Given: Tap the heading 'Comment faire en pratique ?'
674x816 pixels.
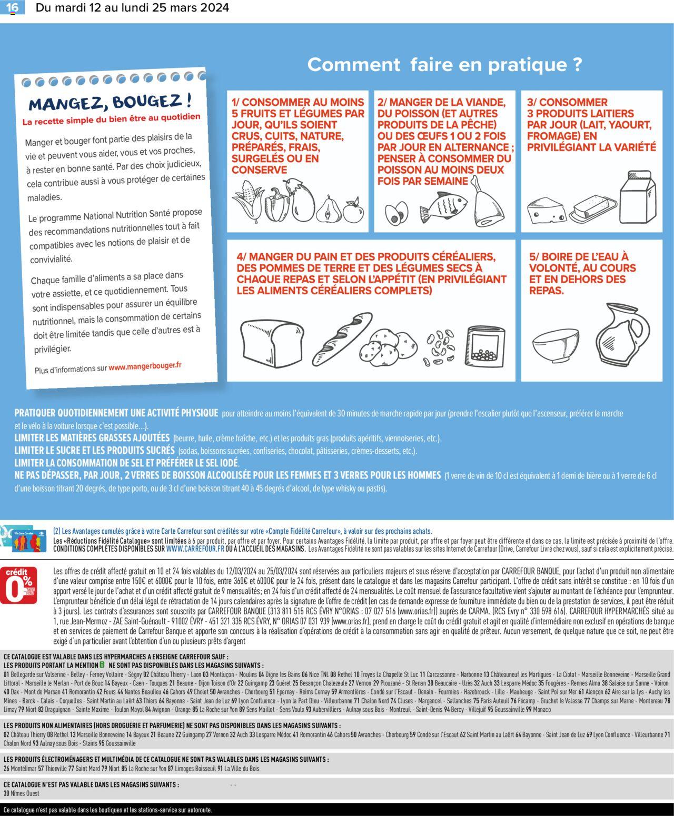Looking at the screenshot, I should click(444, 65).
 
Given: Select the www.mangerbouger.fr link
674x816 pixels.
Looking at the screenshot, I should click(145, 366).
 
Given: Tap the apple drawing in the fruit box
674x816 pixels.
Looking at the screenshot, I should click(353, 211).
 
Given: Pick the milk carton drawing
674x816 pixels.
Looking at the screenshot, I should click(638, 197).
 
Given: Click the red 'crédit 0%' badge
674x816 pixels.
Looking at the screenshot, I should click(18, 585).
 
